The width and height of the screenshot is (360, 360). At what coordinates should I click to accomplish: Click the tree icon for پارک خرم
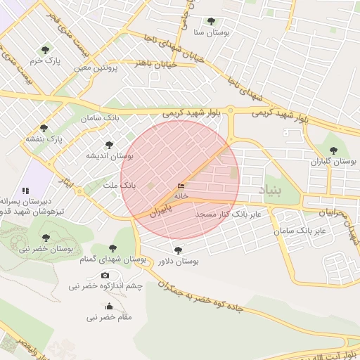point(46,50)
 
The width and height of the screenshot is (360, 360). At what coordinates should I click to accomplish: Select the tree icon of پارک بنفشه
point(44,128)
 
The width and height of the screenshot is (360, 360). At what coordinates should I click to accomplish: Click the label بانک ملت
point(118,185)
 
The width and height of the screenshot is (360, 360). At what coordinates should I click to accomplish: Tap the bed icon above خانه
point(181,186)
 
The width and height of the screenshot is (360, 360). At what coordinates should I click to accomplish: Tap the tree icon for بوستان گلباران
point(334,150)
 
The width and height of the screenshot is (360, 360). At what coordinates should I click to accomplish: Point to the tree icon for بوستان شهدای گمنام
point(112,248)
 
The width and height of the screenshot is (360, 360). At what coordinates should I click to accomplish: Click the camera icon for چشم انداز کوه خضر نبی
point(105,276)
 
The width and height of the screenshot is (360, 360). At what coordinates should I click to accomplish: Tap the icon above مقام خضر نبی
point(108,307)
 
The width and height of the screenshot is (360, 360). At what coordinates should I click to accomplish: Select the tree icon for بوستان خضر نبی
point(46,238)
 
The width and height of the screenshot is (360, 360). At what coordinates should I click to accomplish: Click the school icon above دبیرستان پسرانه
point(26,190)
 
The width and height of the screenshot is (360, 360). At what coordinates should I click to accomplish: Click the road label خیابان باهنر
point(154,63)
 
